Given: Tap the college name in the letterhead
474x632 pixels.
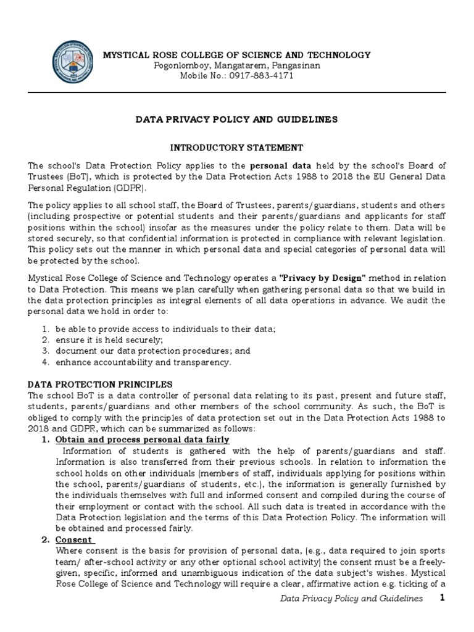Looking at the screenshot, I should click(237, 55).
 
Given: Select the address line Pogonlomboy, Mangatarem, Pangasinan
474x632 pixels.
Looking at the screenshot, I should click(237, 65).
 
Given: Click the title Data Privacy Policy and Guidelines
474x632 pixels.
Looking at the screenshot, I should click(237, 120).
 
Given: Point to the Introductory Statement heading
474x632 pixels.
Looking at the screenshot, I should click(237, 148).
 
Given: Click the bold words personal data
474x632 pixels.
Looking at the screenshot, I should click(276, 167).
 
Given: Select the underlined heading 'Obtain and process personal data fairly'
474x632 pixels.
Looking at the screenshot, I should click(143, 439).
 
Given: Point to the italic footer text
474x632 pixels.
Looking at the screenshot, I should click(351, 599).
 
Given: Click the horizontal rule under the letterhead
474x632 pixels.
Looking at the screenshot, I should click(237, 93).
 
